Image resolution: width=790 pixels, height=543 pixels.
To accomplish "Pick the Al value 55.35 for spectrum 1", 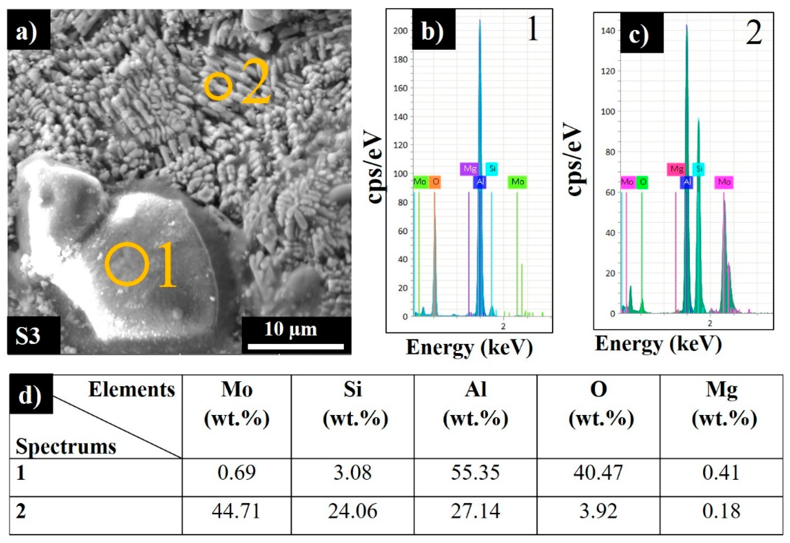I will click(475, 473).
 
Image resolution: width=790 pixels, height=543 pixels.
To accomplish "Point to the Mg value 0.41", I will click(721, 473).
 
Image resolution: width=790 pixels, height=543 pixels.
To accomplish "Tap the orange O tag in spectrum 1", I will click(435, 182).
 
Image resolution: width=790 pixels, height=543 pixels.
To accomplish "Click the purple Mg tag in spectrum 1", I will click(469, 169).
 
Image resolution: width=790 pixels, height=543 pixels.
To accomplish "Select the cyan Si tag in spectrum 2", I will click(698, 169).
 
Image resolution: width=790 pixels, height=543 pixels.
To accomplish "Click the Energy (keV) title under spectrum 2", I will click(658, 344).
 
